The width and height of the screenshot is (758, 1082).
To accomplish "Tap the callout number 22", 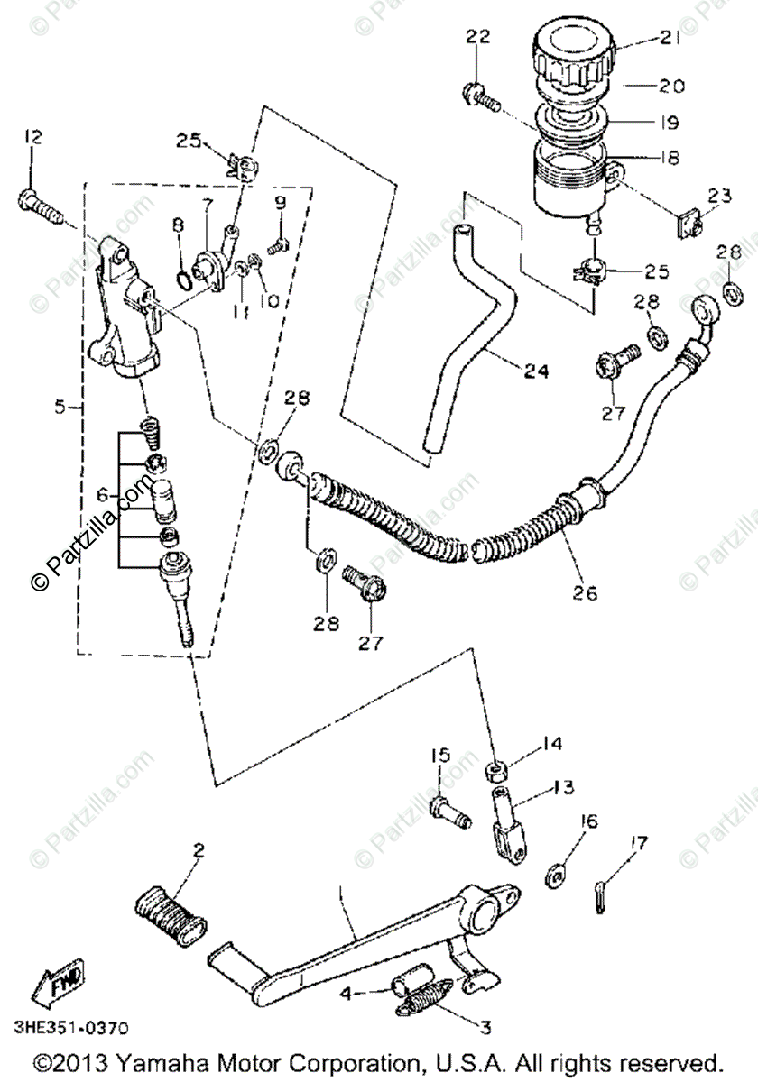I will pyautogui.click(x=478, y=36).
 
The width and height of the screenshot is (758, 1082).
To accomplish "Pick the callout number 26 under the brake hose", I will pyautogui.click(x=584, y=594).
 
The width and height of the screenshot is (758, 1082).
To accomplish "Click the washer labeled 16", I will pyautogui.click(x=557, y=873).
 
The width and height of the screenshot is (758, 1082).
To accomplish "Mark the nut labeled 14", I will pyautogui.click(x=495, y=772).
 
